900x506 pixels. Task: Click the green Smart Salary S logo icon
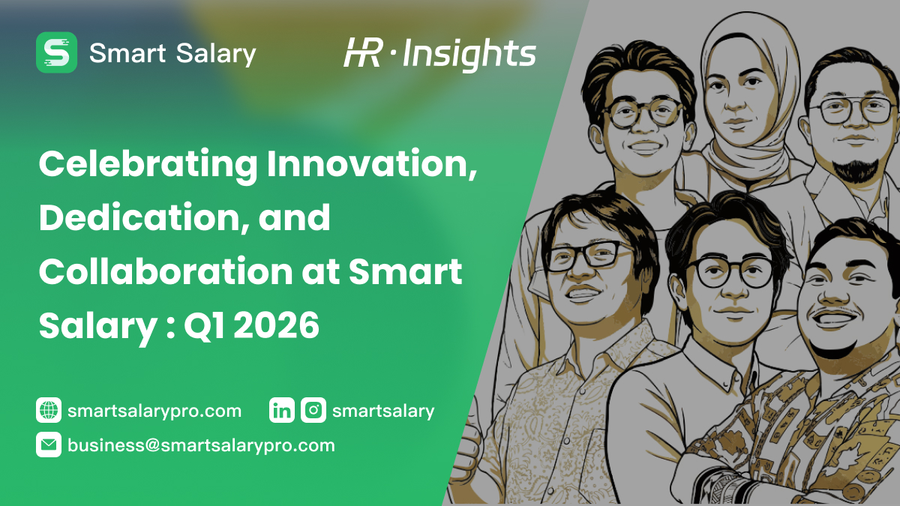[57, 52]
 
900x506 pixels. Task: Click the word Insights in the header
[469, 55]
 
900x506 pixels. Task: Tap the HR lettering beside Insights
[362, 52]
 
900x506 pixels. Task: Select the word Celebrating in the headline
[148, 165]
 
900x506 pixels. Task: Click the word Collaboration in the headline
[166, 271]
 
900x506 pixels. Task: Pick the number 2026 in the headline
[277, 325]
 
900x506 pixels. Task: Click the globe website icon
[49, 410]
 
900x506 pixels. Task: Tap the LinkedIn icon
[282, 410]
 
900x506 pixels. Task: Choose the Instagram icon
[313, 410]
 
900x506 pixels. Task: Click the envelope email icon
[49, 445]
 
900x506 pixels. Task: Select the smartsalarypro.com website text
[154, 412]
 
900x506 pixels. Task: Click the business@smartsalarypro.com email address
[201, 446]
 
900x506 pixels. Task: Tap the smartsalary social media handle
[383, 412]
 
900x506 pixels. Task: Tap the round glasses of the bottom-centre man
[729, 272]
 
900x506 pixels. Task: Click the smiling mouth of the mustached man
[835, 319]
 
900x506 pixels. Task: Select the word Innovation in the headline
[373, 163]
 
